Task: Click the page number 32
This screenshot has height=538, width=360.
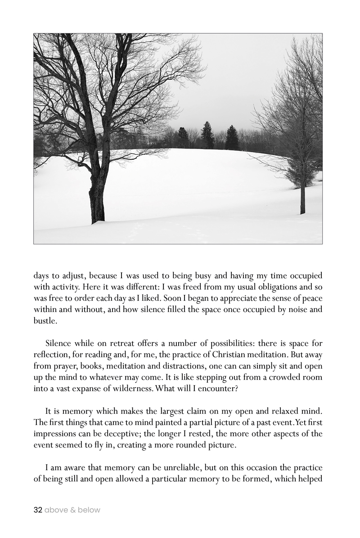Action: (38, 510)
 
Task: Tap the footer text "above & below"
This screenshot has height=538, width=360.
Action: (72, 510)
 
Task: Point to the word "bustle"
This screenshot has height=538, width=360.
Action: (45, 322)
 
